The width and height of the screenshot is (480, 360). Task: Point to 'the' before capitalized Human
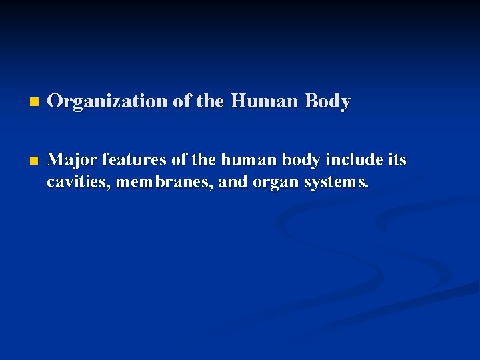210,101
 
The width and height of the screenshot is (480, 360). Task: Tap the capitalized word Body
327,101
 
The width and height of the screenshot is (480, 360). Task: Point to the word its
396,161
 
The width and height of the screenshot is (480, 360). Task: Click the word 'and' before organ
233,181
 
